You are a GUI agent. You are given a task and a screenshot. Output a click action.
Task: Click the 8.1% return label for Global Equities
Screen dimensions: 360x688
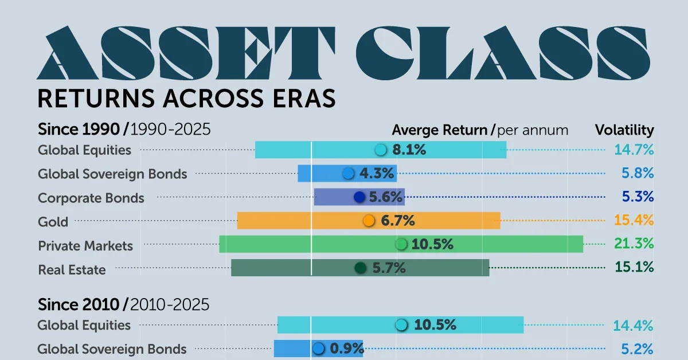point(409,150)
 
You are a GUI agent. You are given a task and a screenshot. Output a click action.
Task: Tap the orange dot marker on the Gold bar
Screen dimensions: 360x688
point(369,221)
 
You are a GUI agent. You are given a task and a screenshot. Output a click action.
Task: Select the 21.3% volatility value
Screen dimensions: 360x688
point(634,244)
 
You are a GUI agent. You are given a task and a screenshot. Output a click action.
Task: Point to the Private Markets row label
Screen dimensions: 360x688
point(85,246)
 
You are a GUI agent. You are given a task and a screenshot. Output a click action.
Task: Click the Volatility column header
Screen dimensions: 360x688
point(624,130)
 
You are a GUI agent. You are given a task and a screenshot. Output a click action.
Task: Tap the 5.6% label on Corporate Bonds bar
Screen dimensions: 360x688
point(386,197)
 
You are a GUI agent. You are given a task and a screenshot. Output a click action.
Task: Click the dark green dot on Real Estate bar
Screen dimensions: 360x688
point(360,268)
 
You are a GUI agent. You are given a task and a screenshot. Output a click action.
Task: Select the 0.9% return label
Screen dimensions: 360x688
point(346,348)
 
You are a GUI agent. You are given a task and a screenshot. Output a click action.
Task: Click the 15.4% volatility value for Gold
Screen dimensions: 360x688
point(634,220)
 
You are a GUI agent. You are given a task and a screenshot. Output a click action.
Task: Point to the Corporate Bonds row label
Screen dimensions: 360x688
point(91,198)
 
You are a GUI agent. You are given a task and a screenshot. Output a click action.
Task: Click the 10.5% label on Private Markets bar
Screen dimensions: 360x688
point(432,244)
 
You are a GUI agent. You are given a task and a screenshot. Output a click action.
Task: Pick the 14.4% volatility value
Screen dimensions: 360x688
point(634,326)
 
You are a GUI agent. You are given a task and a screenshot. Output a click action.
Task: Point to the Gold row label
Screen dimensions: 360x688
point(53,222)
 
